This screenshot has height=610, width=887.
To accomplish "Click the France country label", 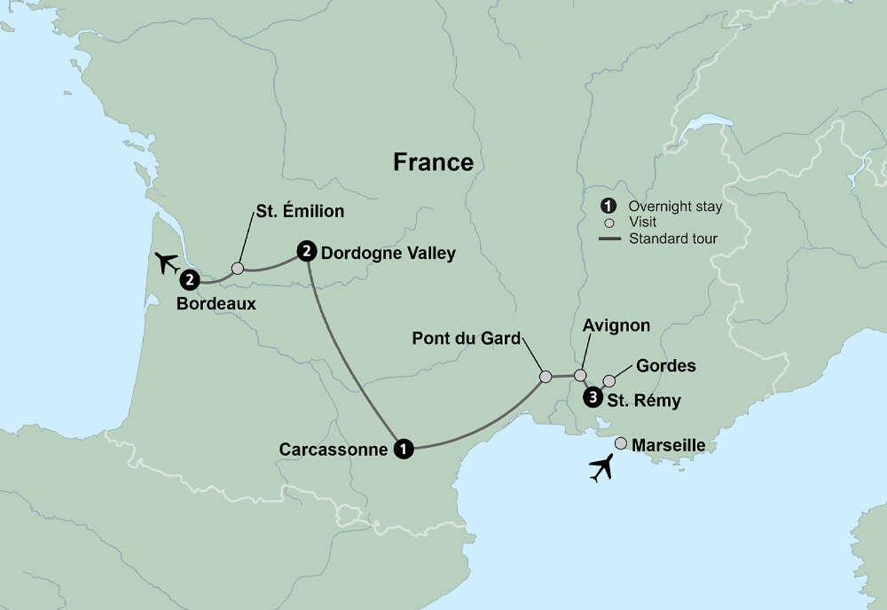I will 433,162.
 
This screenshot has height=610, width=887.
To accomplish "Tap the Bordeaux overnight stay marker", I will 189,280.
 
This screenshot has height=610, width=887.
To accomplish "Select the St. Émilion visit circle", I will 237,268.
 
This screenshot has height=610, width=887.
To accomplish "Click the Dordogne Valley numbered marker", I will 306,252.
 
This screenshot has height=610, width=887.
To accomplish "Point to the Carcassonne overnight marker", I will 404,449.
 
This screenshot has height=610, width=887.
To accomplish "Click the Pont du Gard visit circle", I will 546,377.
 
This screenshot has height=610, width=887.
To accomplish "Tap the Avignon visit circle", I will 580,375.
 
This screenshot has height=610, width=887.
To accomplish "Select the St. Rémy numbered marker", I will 592,397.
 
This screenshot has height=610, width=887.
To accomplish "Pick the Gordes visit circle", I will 609,381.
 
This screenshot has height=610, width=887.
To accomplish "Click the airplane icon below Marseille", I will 601,467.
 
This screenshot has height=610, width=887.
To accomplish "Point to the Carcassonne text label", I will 334,450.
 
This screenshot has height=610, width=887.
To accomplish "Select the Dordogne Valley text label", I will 389,254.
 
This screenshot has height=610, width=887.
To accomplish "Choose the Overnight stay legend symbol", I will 608,207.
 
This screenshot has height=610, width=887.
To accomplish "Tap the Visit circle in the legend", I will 608,223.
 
